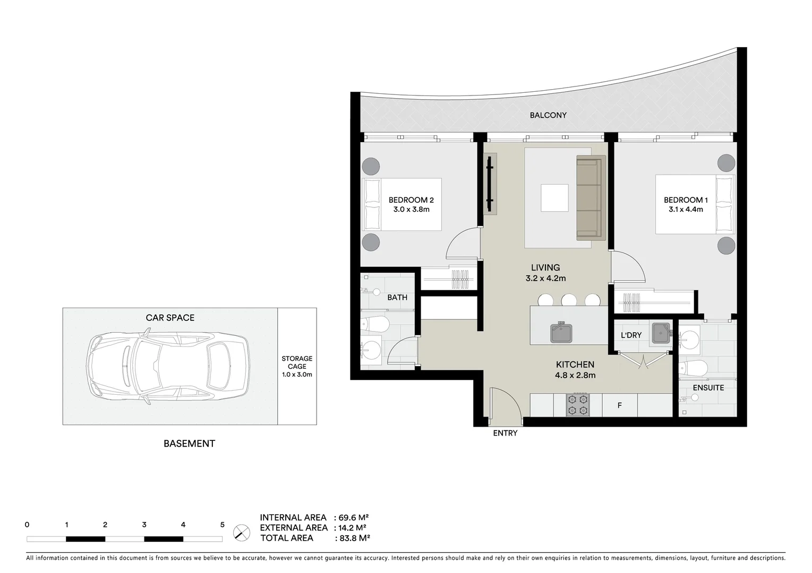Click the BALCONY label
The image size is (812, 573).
pos(548,115)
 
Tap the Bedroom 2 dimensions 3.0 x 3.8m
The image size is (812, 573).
pos(411,210)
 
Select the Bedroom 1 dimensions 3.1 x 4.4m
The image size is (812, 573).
pos(686,210)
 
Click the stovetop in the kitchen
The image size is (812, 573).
pos(577,404)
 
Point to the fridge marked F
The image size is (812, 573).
pos(619,405)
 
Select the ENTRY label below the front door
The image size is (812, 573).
pos(505,433)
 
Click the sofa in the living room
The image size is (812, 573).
pos(591,198)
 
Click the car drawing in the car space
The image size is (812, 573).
pos(167,367)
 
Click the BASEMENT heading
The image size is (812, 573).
pos(189,444)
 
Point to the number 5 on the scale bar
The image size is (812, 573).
pos(222,525)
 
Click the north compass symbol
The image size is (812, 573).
pos(242,532)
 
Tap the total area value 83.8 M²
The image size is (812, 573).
pos(354,538)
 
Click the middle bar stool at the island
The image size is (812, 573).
pos(569,300)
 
